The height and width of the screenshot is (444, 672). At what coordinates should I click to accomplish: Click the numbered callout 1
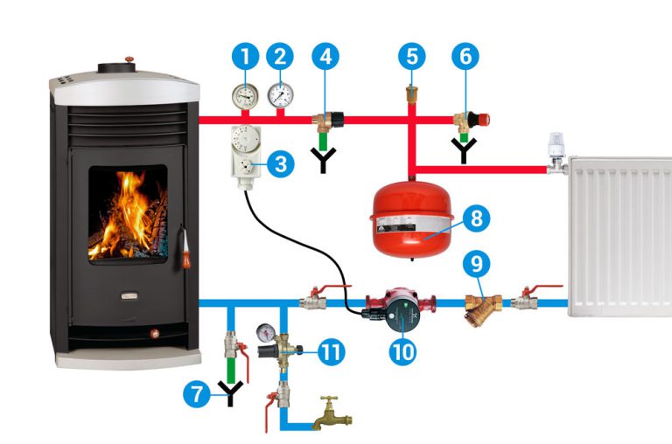coord(246,57)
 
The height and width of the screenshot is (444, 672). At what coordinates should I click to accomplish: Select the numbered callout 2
coord(280,57)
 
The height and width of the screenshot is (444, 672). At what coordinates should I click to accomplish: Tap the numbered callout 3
coord(279,164)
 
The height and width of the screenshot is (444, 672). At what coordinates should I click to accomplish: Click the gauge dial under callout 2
coord(280,94)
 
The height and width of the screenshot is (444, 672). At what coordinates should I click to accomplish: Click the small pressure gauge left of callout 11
coord(266,332)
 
